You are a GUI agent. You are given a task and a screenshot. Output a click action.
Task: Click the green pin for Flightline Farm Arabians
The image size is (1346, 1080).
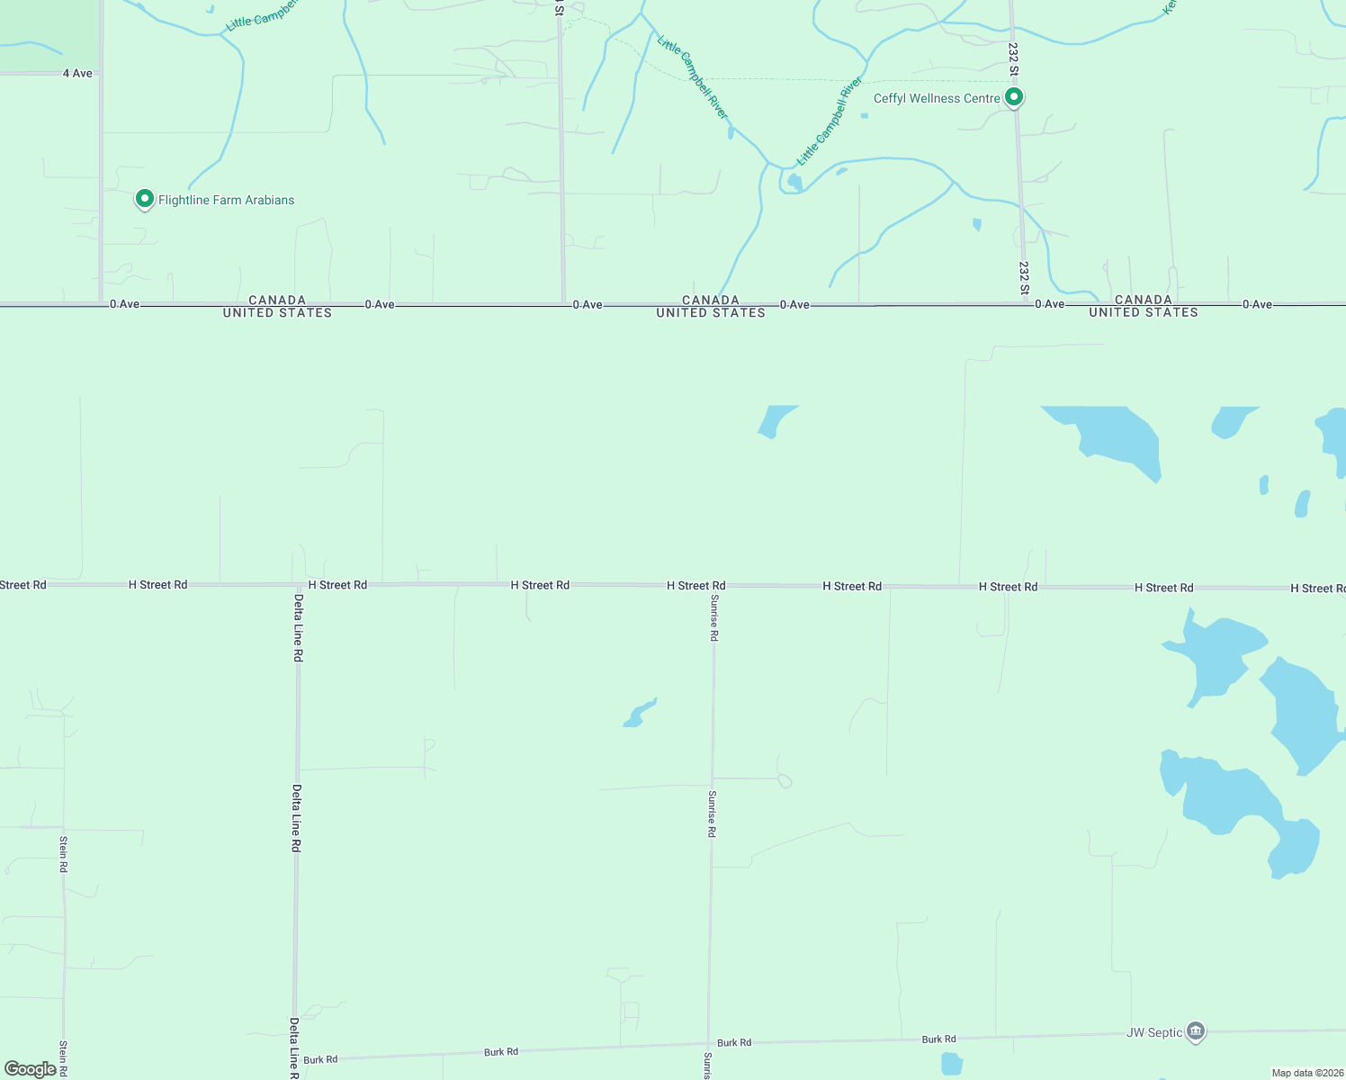[144, 199]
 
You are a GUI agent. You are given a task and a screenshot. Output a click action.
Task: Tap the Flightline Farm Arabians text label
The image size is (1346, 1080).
[226, 200]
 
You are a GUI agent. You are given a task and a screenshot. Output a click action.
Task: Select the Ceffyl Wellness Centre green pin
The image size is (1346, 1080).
[1014, 96]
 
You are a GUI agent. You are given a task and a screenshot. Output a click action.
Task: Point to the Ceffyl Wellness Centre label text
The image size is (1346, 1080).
[937, 98]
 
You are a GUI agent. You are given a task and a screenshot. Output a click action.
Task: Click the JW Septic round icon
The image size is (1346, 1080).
[1196, 1031]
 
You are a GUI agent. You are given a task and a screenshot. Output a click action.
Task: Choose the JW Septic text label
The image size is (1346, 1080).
[1154, 1032]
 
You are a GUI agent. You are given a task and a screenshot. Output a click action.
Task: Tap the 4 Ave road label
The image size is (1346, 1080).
[77, 73]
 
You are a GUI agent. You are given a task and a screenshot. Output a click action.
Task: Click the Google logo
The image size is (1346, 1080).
[31, 1069]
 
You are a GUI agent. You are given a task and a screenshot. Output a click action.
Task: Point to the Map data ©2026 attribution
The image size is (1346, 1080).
[1307, 1073]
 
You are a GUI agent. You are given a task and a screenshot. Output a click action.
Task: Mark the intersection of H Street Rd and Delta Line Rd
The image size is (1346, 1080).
[297, 585]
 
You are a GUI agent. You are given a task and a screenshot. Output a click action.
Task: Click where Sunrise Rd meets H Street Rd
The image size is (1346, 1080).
[713, 586]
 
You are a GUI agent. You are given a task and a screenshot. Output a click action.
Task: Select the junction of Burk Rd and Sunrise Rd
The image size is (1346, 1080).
[709, 1045]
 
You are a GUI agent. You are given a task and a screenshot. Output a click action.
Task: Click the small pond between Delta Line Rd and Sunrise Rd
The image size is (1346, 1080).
[639, 714]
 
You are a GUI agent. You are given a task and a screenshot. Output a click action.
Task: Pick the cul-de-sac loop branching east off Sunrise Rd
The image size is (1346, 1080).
[785, 780]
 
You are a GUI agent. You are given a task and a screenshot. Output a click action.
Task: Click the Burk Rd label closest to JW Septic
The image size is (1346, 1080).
[938, 1039]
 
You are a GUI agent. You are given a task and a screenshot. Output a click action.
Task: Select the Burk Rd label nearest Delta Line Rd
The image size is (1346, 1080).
[320, 1059]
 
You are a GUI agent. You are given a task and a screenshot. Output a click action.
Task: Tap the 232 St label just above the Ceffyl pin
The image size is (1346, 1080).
[1013, 58]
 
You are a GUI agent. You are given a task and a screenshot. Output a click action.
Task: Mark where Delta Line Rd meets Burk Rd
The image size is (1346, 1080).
[295, 1059]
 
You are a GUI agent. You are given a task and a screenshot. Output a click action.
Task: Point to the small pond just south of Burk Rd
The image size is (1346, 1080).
[951, 1064]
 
